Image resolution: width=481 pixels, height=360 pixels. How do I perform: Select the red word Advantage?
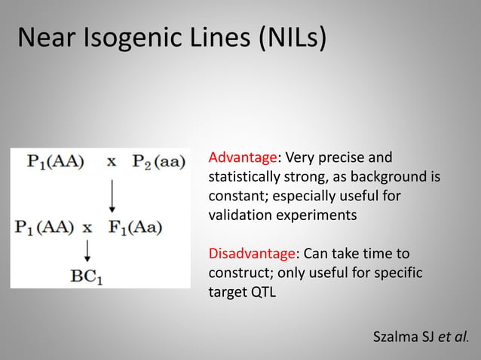[x=243, y=158]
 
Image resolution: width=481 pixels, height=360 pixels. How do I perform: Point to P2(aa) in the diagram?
[x=158, y=161]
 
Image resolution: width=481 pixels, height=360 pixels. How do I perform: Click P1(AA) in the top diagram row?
[x=56, y=161]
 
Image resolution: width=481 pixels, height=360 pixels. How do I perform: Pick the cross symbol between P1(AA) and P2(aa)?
[x=111, y=161]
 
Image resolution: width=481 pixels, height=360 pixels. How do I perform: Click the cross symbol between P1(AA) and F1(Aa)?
[x=87, y=226]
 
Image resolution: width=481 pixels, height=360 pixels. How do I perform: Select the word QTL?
[x=260, y=291]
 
